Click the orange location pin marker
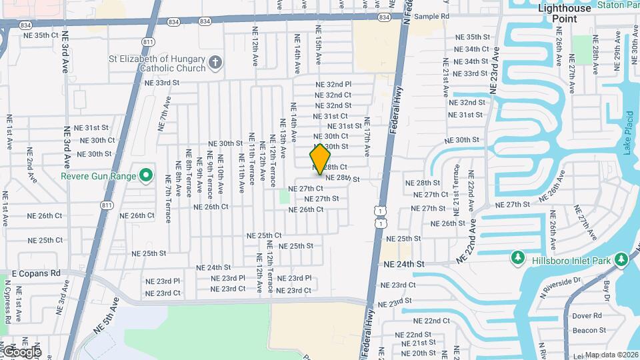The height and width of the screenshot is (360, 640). (321, 159)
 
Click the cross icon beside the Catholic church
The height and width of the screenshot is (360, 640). (215, 63)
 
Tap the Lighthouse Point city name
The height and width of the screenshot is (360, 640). (565, 13)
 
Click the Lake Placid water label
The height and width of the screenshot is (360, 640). (628, 137)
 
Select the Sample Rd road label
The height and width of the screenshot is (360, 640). (432, 16)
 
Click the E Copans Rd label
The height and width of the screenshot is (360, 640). (36, 273)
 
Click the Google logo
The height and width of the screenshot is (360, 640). (21, 351)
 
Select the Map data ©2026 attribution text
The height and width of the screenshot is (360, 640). (611, 355)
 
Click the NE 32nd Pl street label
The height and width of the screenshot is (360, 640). (333, 85)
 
